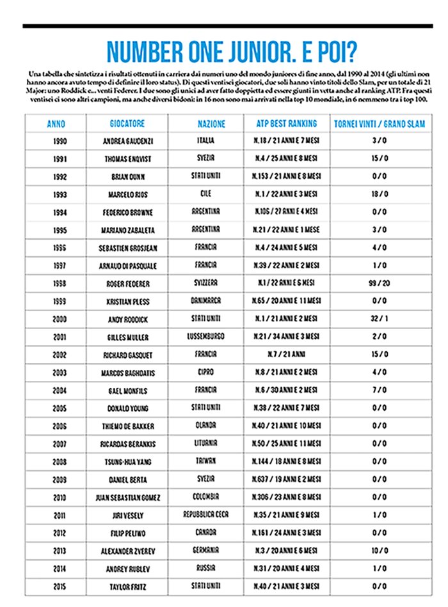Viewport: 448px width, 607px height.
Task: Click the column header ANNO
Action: [x=56, y=123]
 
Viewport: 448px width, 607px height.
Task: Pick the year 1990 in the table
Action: [x=56, y=141]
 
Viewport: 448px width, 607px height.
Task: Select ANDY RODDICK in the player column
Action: [x=127, y=318]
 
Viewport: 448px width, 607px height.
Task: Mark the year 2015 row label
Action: [x=56, y=584]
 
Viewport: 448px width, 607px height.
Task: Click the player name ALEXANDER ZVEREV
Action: [x=127, y=550]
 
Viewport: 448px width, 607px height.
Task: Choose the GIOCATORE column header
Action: [x=127, y=123]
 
